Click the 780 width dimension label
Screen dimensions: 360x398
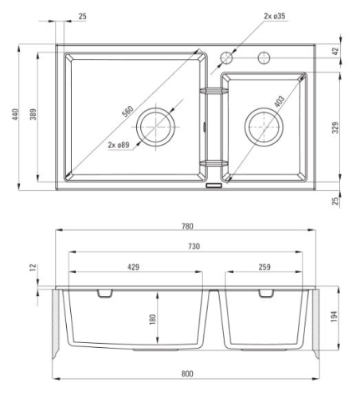coord(187,226)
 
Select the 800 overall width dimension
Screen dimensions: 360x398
coord(187,373)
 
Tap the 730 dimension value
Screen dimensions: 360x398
coord(194,247)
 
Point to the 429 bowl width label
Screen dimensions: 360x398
coord(133,267)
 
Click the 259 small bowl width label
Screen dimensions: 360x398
coord(264,267)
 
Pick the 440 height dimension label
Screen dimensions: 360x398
coord(15,115)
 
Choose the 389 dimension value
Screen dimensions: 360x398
coord(33,115)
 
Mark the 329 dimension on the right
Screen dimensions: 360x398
coord(335,127)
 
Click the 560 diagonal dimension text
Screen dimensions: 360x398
coord(127,111)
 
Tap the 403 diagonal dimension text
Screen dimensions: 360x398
coord(280,101)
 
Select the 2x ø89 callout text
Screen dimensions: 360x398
coord(119,145)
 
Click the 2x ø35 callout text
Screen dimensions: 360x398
coord(275,16)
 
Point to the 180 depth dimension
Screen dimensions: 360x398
coord(153,319)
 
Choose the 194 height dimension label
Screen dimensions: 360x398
coord(334,317)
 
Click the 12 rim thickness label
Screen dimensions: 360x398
coord(33,267)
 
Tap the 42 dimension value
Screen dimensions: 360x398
coord(335,51)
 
